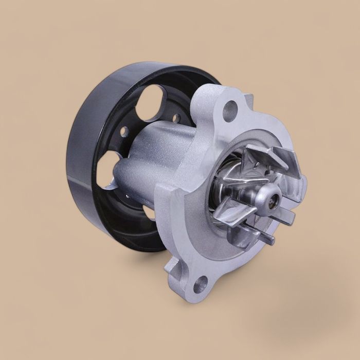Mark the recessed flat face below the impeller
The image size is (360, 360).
(221, 247)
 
